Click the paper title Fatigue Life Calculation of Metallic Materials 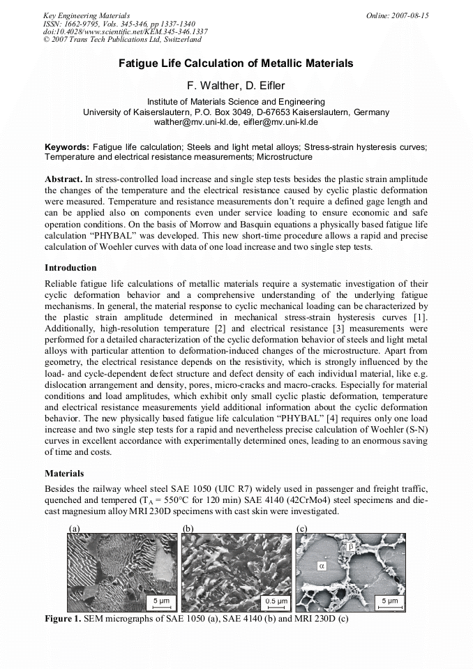click(236, 63)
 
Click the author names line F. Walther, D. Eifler click(236, 86)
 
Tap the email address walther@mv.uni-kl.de click(197, 121)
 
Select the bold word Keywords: click(67, 147)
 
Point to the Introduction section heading click(70, 268)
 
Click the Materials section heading click(64, 474)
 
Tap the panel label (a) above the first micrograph click(75, 528)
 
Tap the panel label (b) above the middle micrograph click(188, 528)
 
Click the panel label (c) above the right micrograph click(301, 528)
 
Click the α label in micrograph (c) click(322, 566)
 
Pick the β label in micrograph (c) click(351, 547)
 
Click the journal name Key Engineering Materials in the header click(86, 15)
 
